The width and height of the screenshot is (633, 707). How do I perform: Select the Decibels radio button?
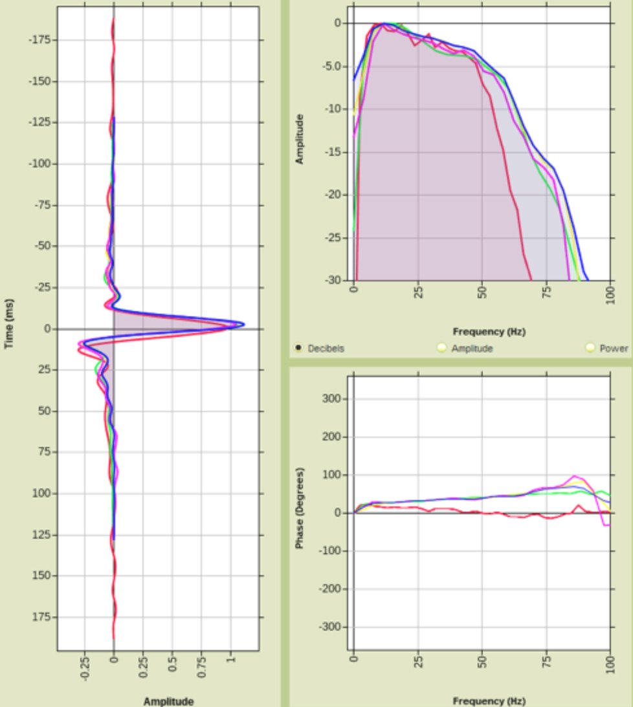pos(298,348)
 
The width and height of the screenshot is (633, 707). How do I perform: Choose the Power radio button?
pos(590,348)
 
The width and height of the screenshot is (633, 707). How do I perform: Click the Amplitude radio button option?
pos(442,348)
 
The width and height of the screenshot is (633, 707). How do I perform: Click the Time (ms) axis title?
pos(10,323)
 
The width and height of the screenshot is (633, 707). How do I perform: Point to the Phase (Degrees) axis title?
pos(300,508)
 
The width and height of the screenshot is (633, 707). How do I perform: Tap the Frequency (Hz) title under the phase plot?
pos(489,701)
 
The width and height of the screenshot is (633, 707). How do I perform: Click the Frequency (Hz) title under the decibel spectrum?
pos(489,332)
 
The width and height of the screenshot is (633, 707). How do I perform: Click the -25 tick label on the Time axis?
pos(41,287)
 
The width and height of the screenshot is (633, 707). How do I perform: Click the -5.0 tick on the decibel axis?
pos(331,66)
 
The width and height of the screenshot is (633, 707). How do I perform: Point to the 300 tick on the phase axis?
pos(333,399)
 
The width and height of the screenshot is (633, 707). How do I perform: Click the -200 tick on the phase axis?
pos(331,589)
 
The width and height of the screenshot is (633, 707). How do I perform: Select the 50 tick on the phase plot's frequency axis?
pos(482,664)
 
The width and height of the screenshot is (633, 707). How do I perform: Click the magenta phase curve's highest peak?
pos(574,476)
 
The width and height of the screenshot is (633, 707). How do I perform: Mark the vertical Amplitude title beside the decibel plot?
pos(300,139)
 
